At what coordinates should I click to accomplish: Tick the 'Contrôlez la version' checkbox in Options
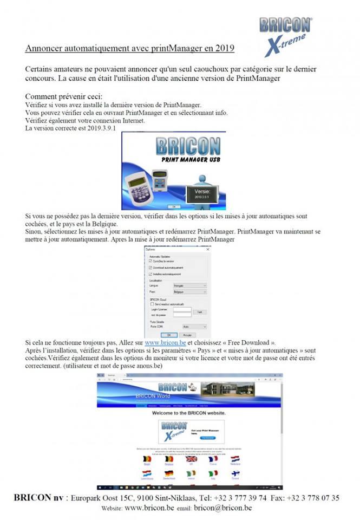click(x=150, y=261)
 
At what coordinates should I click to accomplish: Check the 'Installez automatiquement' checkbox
click(x=150, y=275)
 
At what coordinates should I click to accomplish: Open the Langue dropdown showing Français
click(x=189, y=285)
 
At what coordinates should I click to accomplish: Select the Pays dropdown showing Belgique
click(x=189, y=292)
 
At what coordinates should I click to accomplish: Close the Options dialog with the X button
click(x=207, y=249)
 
